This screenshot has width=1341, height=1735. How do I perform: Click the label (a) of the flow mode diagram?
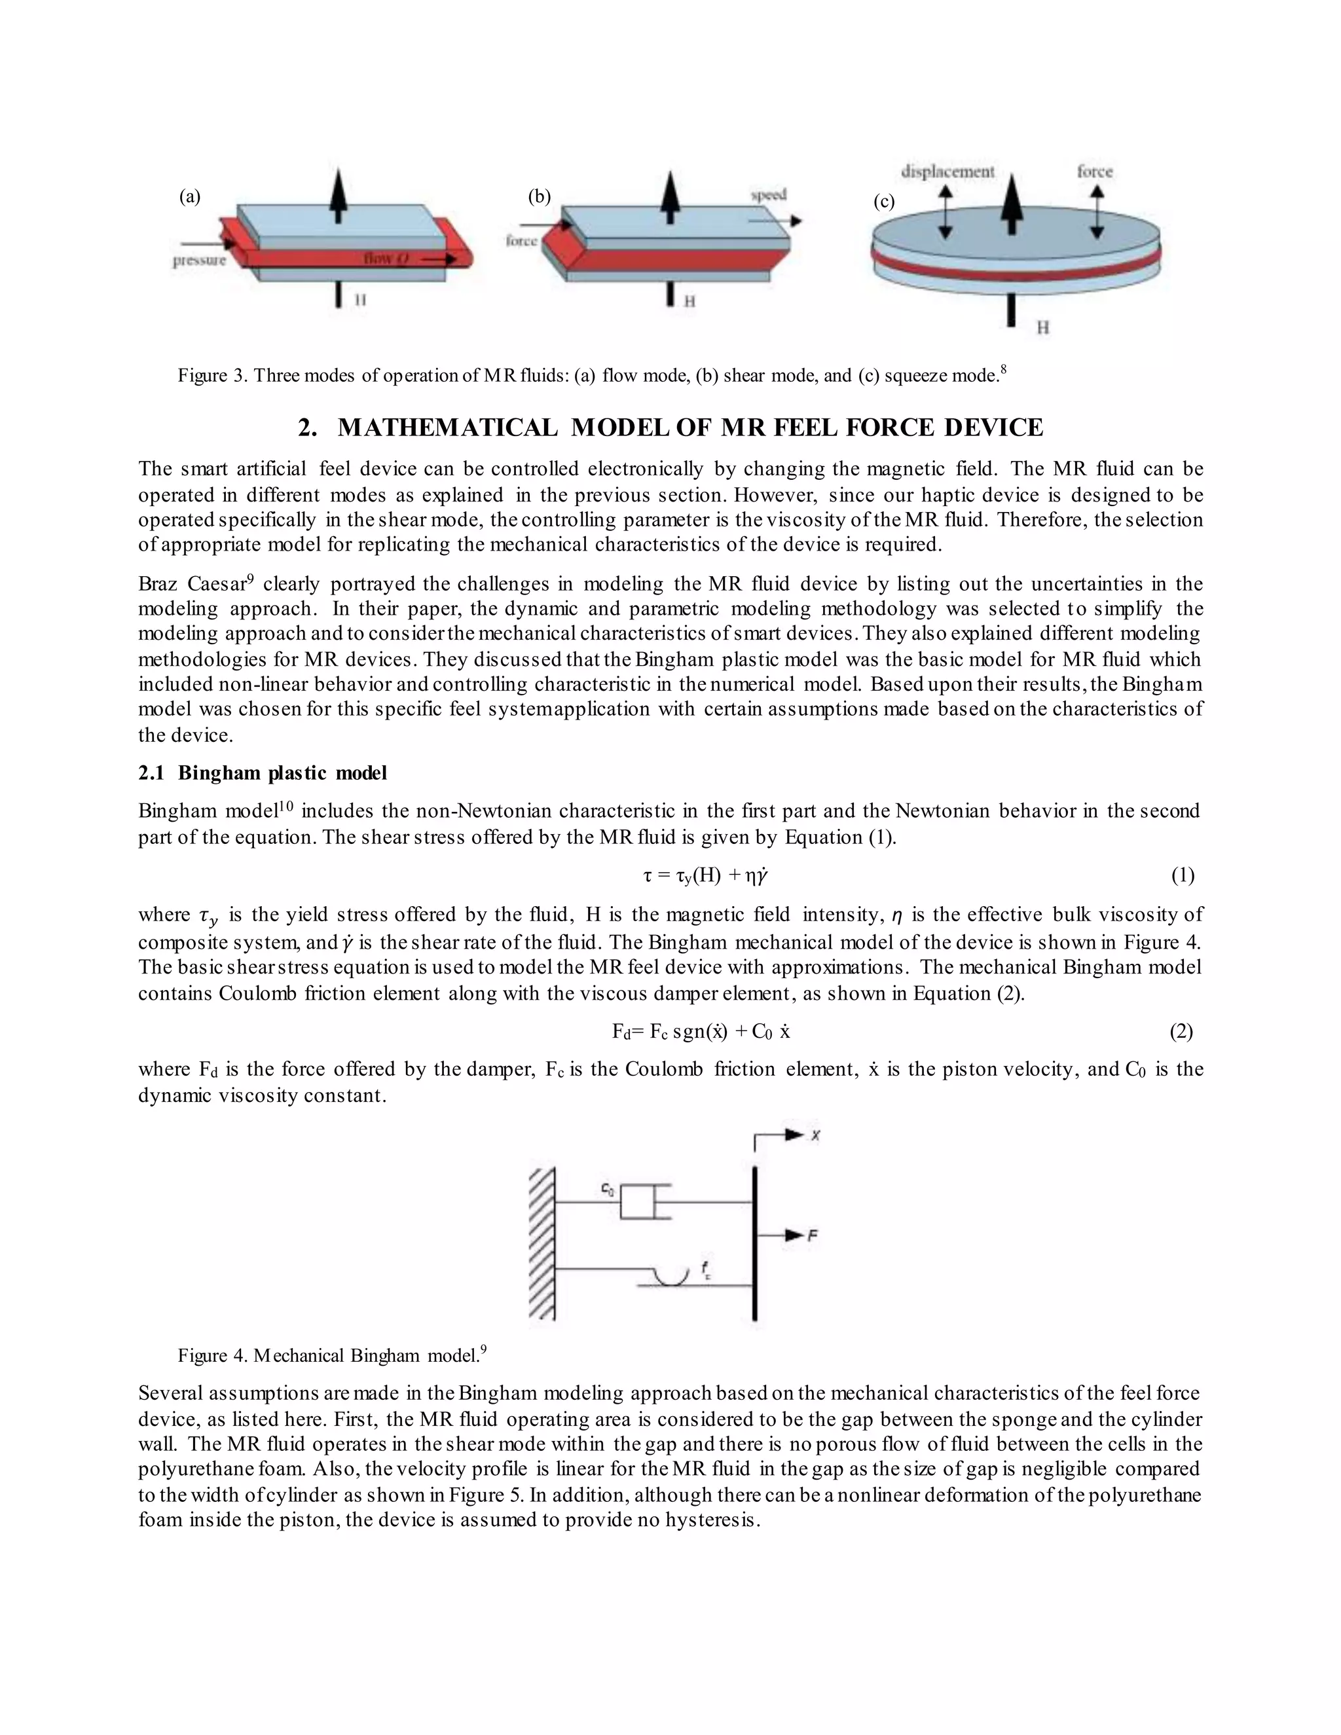point(190,197)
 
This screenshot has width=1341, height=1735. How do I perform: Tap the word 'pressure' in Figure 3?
point(200,260)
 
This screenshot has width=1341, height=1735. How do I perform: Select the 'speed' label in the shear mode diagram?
point(768,194)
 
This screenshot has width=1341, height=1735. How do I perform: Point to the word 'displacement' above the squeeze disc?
point(947,172)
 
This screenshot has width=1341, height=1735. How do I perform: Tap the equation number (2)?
point(1181,1031)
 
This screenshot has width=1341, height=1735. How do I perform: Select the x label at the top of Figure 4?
point(815,1136)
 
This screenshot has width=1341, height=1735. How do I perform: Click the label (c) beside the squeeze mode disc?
point(884,202)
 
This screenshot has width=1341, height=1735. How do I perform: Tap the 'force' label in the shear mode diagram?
point(521,241)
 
